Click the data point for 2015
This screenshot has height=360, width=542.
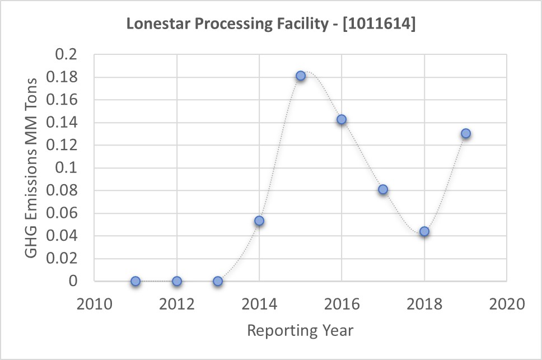[x=301, y=76]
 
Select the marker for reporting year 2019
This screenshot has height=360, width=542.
[x=465, y=133]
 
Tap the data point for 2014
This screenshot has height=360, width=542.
[x=259, y=221]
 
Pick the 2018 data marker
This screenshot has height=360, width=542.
[x=424, y=231]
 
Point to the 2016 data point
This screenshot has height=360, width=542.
[x=342, y=119]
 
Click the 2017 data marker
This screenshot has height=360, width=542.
[x=383, y=189]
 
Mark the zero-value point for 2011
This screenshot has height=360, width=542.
[x=135, y=281]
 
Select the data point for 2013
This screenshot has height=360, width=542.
[x=218, y=281]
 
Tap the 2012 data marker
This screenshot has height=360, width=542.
[x=177, y=281]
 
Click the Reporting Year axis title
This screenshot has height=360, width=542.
[x=300, y=330]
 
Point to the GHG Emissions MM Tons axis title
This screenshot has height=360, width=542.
[x=32, y=168]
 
